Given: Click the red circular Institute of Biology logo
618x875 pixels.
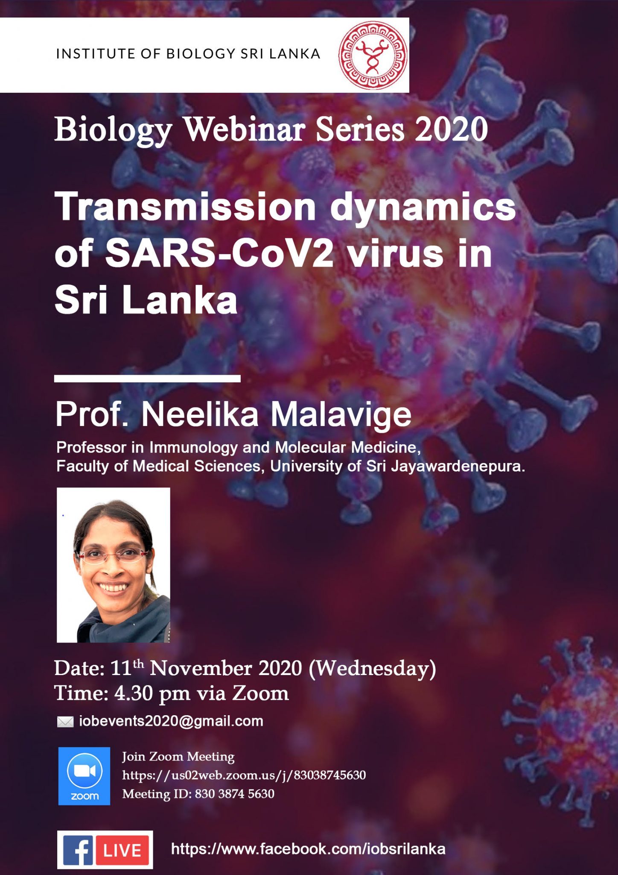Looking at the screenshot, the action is pos(373,55).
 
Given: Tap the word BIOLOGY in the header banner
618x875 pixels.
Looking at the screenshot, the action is pos(201,54).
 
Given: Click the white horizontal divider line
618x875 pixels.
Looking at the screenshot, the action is pos(147,378).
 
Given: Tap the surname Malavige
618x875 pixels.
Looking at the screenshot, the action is pos(341,414).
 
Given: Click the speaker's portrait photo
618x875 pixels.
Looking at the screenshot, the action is pos(114,565).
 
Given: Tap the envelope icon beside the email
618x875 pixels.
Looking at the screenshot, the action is pos(65,722).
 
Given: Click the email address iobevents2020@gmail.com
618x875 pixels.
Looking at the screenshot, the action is pos(171,721).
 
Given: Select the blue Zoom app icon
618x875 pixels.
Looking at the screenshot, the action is pos(84,776).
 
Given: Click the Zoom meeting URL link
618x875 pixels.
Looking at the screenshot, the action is pos(244,775).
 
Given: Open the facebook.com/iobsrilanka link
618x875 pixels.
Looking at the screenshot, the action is pos(308,849).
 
